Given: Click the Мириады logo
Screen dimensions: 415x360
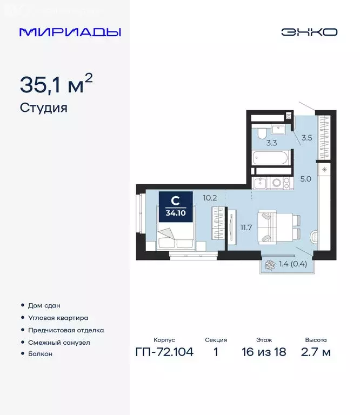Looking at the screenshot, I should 70,32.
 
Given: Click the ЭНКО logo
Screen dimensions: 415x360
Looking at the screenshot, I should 309,32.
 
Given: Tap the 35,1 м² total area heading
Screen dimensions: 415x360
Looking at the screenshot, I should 56,84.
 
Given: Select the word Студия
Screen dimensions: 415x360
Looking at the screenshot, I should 43,108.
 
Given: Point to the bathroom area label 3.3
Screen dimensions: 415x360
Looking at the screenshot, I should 271,143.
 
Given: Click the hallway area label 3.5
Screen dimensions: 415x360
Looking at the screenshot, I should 306,137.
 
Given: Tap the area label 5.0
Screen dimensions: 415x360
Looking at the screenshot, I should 306,178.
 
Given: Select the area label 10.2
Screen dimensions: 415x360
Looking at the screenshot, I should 210,198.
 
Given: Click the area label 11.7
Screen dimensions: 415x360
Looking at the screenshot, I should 246,227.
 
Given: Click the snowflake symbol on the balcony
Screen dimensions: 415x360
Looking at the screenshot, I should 269,265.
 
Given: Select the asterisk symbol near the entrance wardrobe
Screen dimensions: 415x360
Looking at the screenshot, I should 324,170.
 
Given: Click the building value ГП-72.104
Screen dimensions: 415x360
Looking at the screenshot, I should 163,353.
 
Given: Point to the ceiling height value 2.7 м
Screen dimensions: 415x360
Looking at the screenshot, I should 316,353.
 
